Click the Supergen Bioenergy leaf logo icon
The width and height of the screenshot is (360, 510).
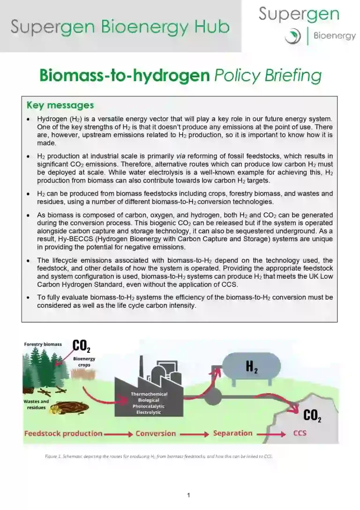point(293,35)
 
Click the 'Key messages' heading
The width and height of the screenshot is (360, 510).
point(60,105)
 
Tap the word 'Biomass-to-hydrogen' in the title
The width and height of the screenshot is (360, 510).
point(124,76)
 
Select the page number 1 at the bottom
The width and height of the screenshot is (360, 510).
point(188,495)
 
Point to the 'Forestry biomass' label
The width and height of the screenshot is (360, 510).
point(43,344)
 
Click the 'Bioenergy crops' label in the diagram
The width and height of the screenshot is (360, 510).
point(84,362)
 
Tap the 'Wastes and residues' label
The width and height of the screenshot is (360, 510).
point(36,404)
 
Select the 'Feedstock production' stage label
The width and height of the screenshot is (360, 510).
point(63,434)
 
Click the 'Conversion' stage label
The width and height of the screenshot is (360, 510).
point(156,434)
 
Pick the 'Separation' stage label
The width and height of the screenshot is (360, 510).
point(232,433)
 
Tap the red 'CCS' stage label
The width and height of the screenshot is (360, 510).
point(300,433)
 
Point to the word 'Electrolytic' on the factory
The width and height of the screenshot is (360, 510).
point(149,412)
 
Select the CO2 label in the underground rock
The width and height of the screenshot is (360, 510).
point(312,415)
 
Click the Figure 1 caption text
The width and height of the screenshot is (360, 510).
point(158,456)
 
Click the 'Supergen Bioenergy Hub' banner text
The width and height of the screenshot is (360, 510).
point(120,26)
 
